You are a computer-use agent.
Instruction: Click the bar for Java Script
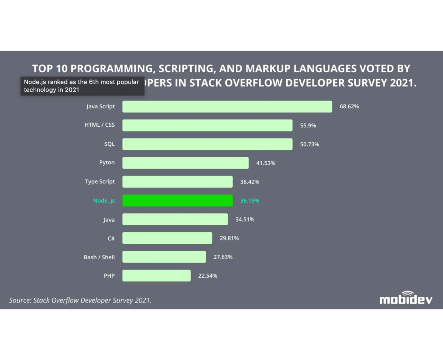click(x=227, y=107)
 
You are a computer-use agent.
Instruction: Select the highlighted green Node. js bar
click(x=177, y=200)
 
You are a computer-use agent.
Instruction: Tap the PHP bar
click(x=156, y=276)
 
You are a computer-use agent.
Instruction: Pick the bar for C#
click(x=167, y=238)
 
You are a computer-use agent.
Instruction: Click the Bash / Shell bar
click(x=164, y=257)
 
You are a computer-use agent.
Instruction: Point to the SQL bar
click(x=207, y=144)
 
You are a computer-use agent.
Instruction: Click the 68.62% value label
click(x=349, y=107)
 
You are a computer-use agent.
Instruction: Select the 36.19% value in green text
click(x=250, y=201)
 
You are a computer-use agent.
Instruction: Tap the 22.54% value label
click(x=207, y=276)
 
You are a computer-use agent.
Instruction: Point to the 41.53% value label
click(x=265, y=163)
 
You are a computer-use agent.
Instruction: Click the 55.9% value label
click(x=308, y=126)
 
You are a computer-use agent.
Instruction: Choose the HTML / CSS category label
click(x=100, y=125)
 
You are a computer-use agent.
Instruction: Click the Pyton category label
click(x=107, y=163)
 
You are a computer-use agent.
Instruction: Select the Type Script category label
click(x=100, y=182)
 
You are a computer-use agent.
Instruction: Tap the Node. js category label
click(x=104, y=201)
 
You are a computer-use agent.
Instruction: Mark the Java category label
click(x=109, y=220)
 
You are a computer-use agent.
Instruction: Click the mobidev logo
click(x=406, y=298)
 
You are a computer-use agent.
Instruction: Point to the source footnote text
click(x=80, y=300)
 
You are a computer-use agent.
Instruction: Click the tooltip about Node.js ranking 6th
click(x=82, y=86)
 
